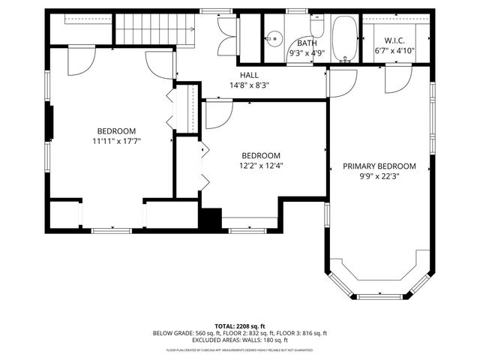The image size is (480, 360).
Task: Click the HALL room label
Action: tap(250, 75)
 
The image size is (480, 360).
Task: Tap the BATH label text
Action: tap(307, 43)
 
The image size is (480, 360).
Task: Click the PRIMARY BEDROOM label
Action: tap(379, 166)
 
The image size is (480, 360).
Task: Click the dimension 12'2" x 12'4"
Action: tap(260, 166)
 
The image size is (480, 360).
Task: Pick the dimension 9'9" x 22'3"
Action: tap(379, 177)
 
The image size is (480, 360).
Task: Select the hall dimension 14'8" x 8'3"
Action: tap(250, 85)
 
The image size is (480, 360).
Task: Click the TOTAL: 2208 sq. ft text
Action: tap(240, 325)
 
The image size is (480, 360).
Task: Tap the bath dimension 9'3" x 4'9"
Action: tap(307, 53)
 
